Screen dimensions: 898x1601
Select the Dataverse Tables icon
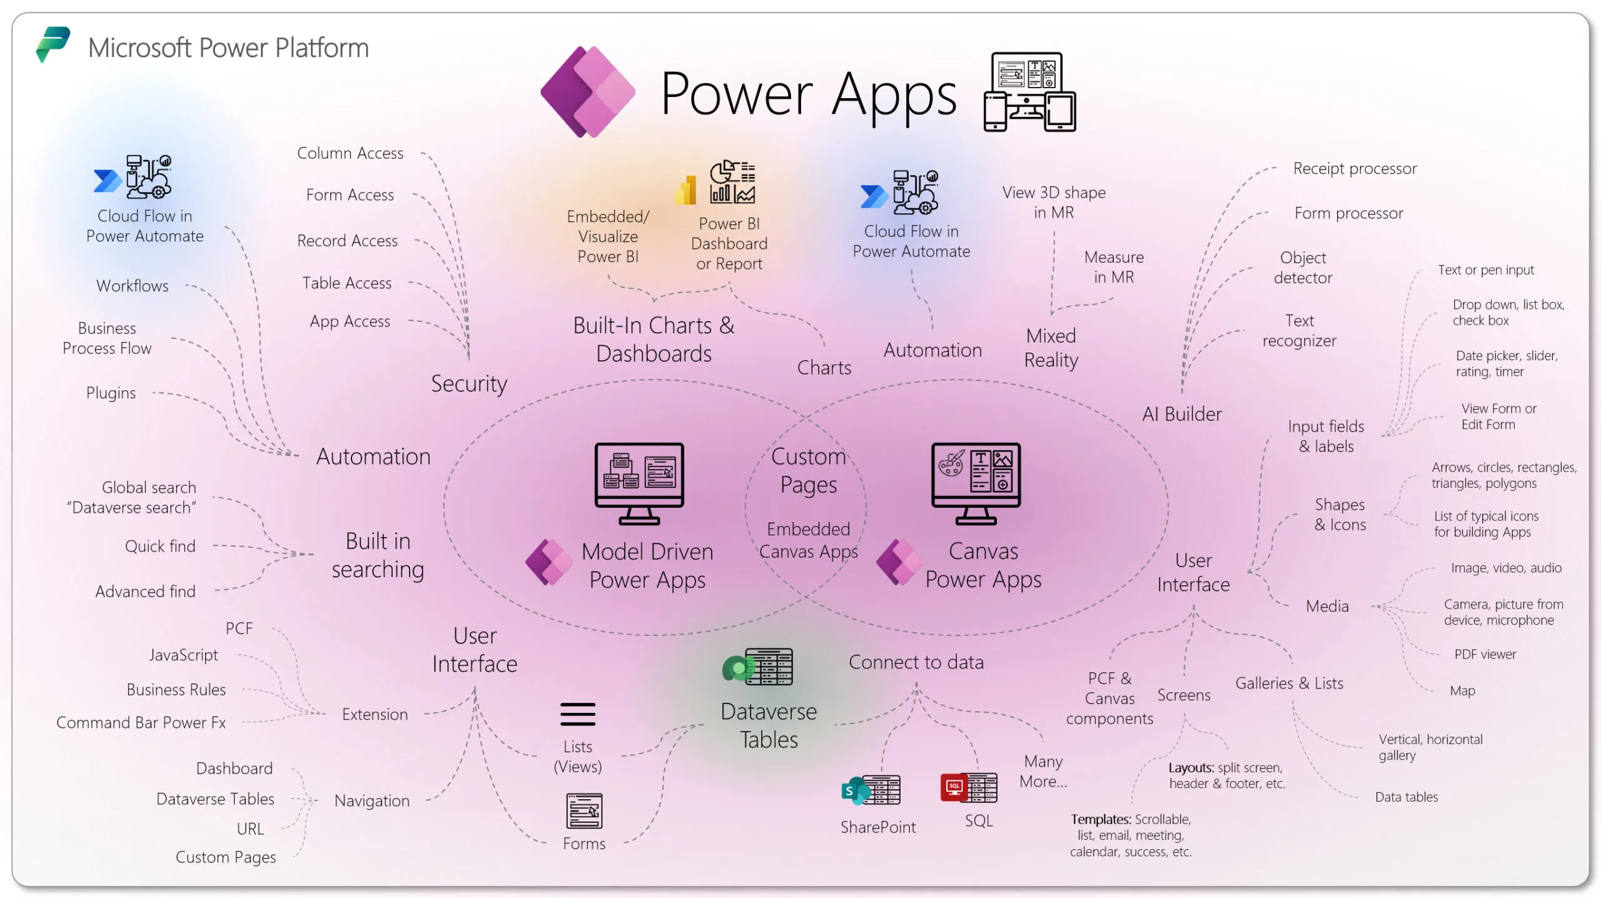(x=758, y=667)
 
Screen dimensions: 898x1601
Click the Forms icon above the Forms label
(x=583, y=810)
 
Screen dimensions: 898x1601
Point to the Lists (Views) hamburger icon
(x=577, y=714)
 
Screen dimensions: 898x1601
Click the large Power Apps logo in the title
(x=587, y=92)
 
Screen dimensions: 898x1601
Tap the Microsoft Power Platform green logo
(x=53, y=44)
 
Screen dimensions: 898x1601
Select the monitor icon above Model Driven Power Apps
(x=639, y=483)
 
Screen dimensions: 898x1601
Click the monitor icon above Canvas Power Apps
(x=975, y=483)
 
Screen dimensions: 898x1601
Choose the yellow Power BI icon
(x=686, y=190)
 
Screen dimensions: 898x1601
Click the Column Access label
(x=350, y=153)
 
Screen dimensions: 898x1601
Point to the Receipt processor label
(x=1354, y=168)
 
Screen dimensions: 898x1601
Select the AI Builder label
(x=1181, y=414)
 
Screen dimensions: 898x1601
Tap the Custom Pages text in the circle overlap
(x=808, y=470)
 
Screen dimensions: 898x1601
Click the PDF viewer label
(x=1484, y=654)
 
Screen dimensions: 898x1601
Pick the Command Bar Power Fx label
(x=141, y=722)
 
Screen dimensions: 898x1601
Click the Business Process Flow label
(x=107, y=338)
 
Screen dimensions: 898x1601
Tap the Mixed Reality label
(x=1051, y=348)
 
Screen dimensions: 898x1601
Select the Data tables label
(x=1406, y=797)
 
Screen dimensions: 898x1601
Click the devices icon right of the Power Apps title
(x=1029, y=92)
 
